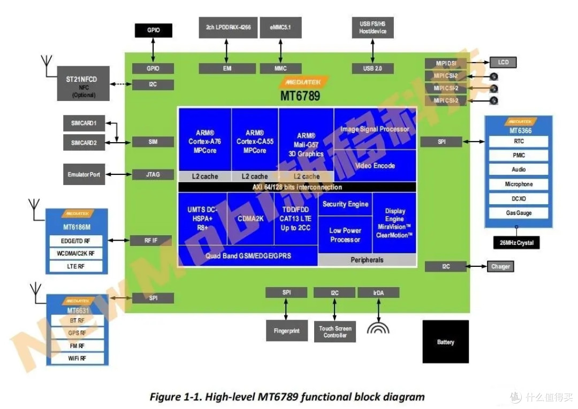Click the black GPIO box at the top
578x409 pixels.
[153, 30]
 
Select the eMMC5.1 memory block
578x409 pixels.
[280, 27]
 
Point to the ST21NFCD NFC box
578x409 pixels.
[83, 83]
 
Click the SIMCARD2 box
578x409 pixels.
[83, 142]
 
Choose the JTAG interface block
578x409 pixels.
[153, 174]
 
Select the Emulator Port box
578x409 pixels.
[83, 174]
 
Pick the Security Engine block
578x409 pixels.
[345, 204]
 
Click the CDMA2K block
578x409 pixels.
[250, 218]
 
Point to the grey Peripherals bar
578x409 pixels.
[367, 260]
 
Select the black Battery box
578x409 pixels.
[445, 342]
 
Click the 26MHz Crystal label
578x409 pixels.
[516, 243]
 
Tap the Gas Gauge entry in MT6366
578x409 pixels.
[519, 213]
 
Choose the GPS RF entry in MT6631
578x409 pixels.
[77, 333]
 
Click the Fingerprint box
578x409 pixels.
[287, 330]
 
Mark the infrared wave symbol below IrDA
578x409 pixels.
[378, 327]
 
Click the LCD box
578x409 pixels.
[503, 63]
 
